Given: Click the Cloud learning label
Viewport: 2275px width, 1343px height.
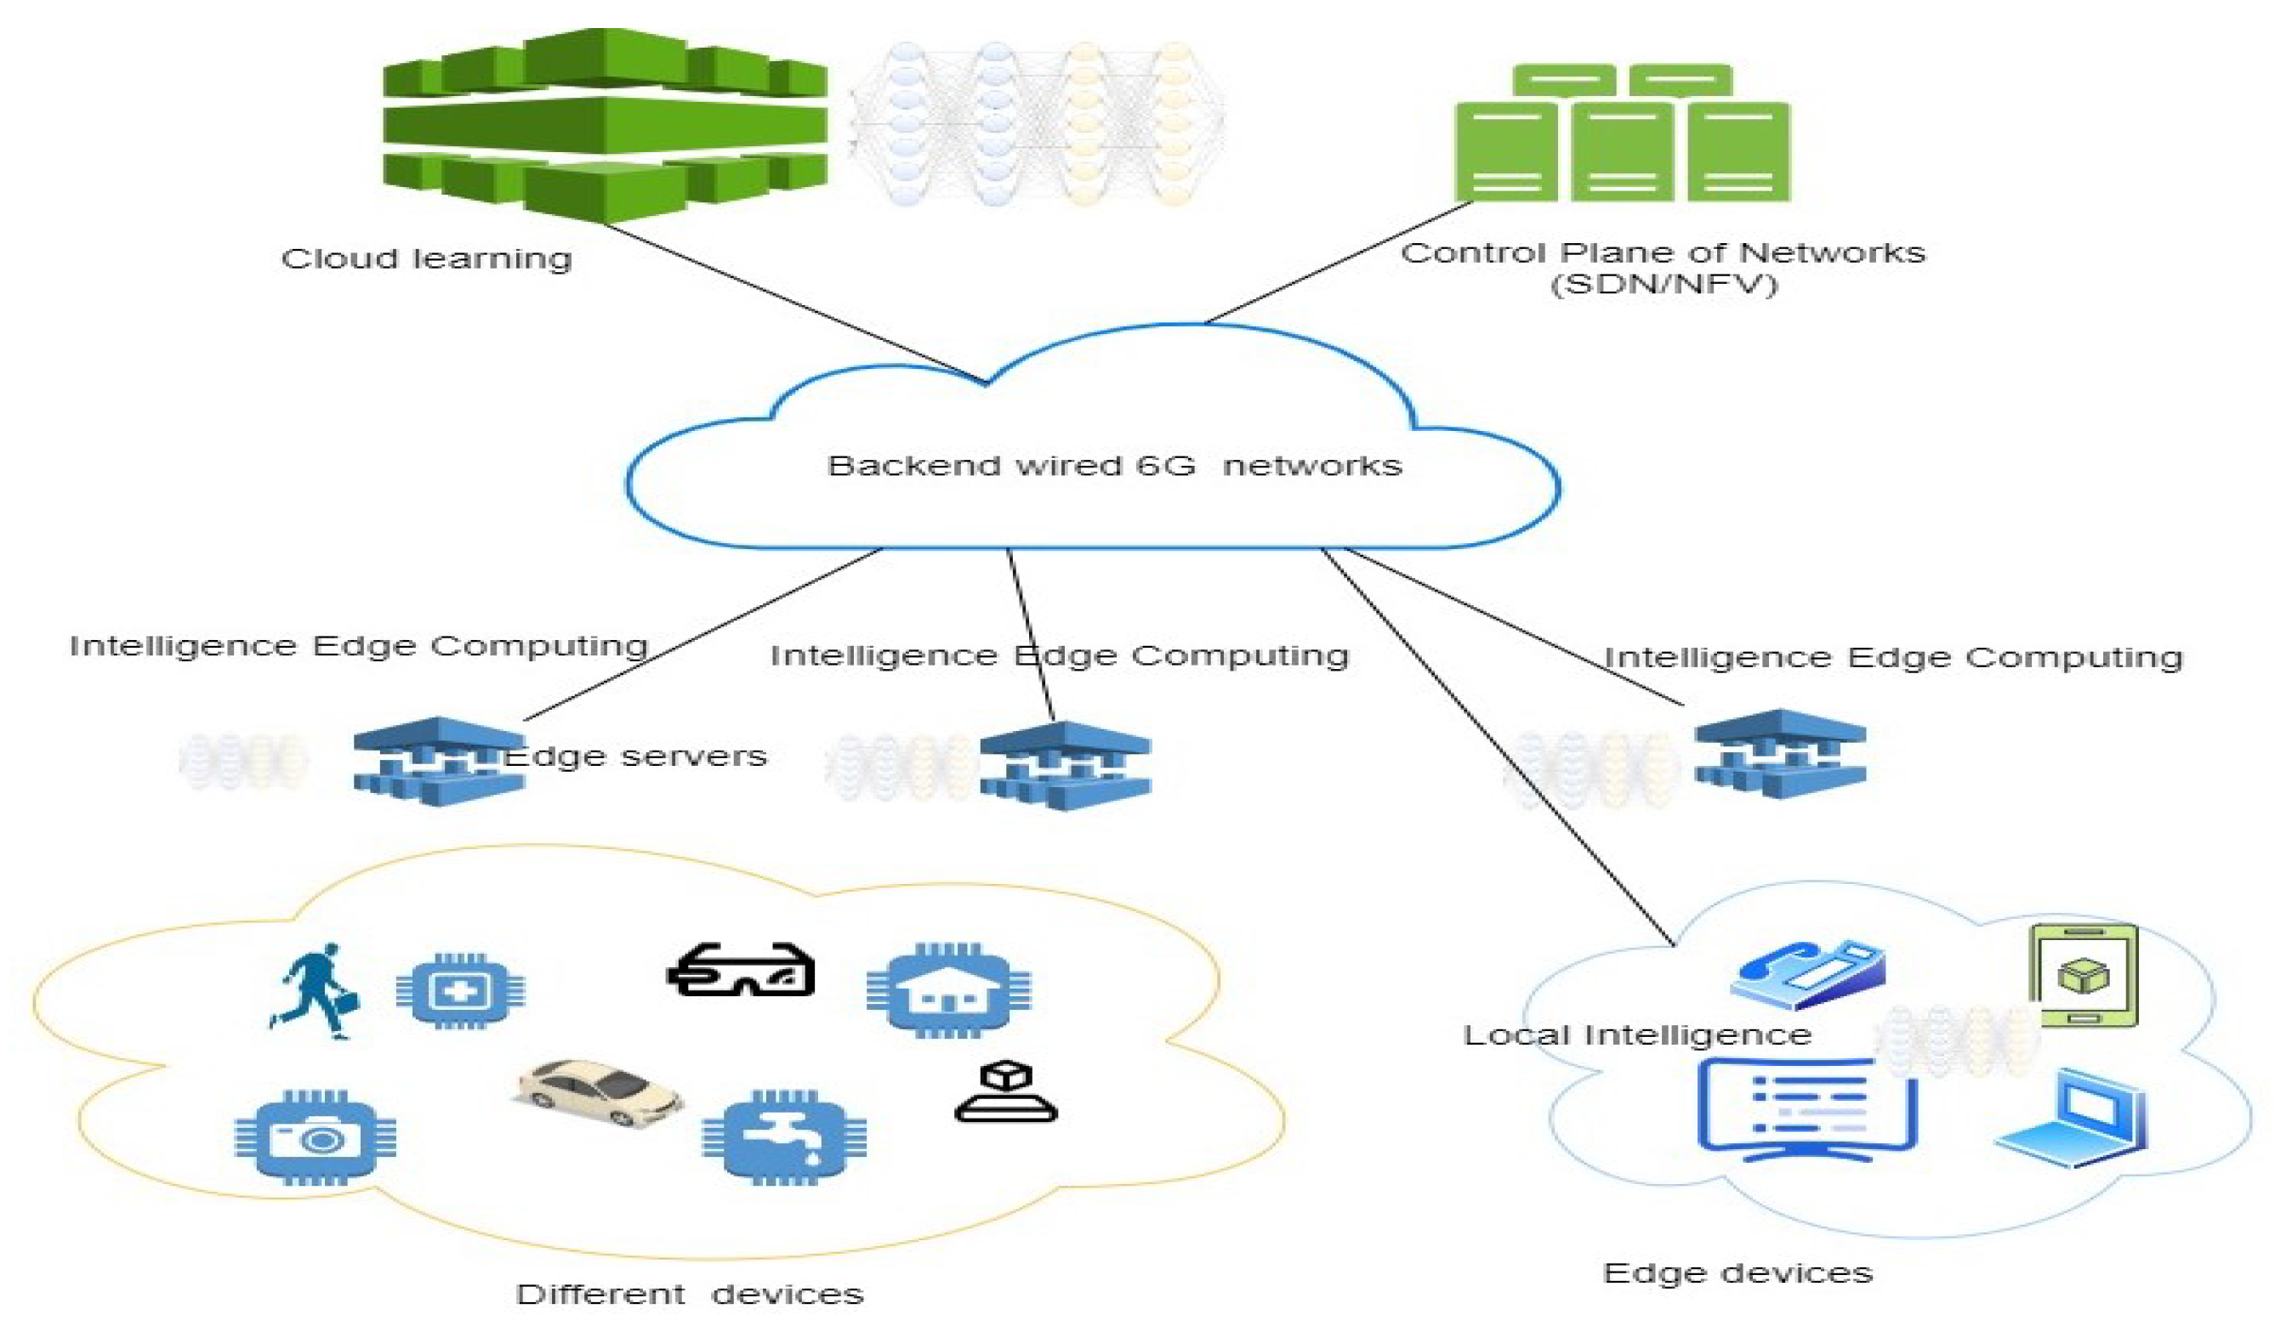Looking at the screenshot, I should click(x=426, y=259).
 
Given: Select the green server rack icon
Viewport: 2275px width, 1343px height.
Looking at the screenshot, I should click(x=1621, y=134).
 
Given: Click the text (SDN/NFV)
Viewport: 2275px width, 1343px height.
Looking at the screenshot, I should click(x=1664, y=284).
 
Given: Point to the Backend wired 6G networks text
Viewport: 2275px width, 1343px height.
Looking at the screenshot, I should click(x=1113, y=466).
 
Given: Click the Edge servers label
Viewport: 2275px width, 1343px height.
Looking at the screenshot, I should click(x=635, y=756).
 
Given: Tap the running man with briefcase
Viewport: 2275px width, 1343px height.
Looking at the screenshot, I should click(x=314, y=991).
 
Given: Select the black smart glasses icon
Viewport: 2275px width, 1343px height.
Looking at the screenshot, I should click(x=741, y=970).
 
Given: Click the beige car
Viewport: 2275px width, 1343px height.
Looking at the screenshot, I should click(x=599, y=1093).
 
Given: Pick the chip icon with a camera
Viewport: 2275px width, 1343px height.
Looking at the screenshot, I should click(x=315, y=1137).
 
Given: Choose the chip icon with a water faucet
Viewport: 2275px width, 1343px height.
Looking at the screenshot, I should click(x=784, y=1137).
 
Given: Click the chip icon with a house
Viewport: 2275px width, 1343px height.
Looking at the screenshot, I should click(x=947, y=990).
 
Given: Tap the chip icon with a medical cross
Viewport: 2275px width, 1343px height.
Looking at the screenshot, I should click(x=460, y=991).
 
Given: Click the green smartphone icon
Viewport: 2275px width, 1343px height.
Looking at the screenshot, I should click(x=2083, y=975).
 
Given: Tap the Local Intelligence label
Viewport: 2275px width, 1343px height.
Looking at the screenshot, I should click(x=1637, y=1035).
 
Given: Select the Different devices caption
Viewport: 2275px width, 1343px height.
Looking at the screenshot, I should click(x=689, y=1295).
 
